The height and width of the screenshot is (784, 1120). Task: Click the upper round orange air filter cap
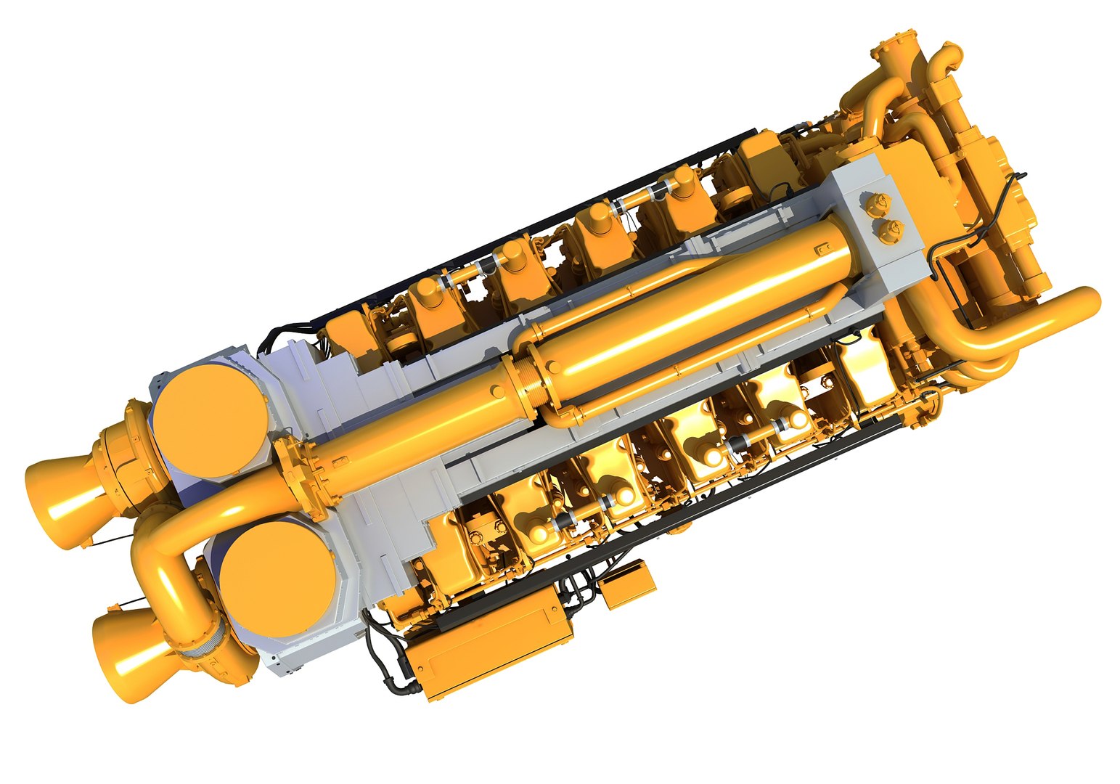(x=213, y=420)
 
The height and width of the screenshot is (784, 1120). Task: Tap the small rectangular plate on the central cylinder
(x=822, y=250)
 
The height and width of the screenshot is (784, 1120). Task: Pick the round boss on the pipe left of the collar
(x=496, y=391)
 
